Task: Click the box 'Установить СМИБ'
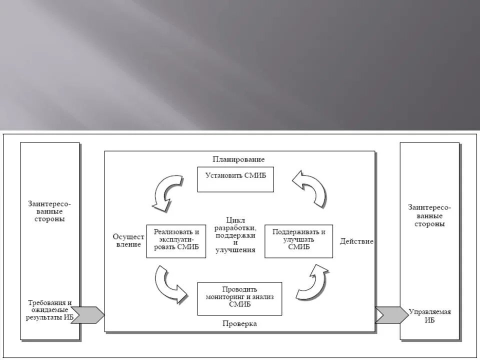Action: click(235, 179)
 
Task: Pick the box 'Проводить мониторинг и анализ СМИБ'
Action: click(239, 298)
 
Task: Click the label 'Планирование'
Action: click(238, 159)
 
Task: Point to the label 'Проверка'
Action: click(239, 324)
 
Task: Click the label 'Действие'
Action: click(356, 241)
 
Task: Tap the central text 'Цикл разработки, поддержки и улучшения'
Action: click(235, 235)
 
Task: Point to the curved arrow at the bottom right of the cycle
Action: click(312, 282)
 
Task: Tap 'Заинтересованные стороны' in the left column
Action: click(49, 211)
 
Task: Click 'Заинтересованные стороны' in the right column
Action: click(429, 215)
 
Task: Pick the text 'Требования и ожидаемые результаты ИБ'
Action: click(49, 310)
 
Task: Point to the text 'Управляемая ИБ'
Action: click(429, 316)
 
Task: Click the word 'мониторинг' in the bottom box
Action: click(225, 296)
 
